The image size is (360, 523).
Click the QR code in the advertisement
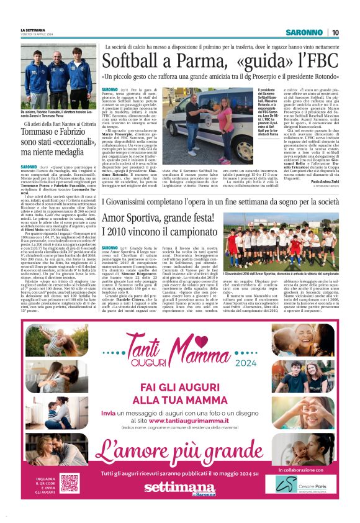[x=69, y=483]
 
